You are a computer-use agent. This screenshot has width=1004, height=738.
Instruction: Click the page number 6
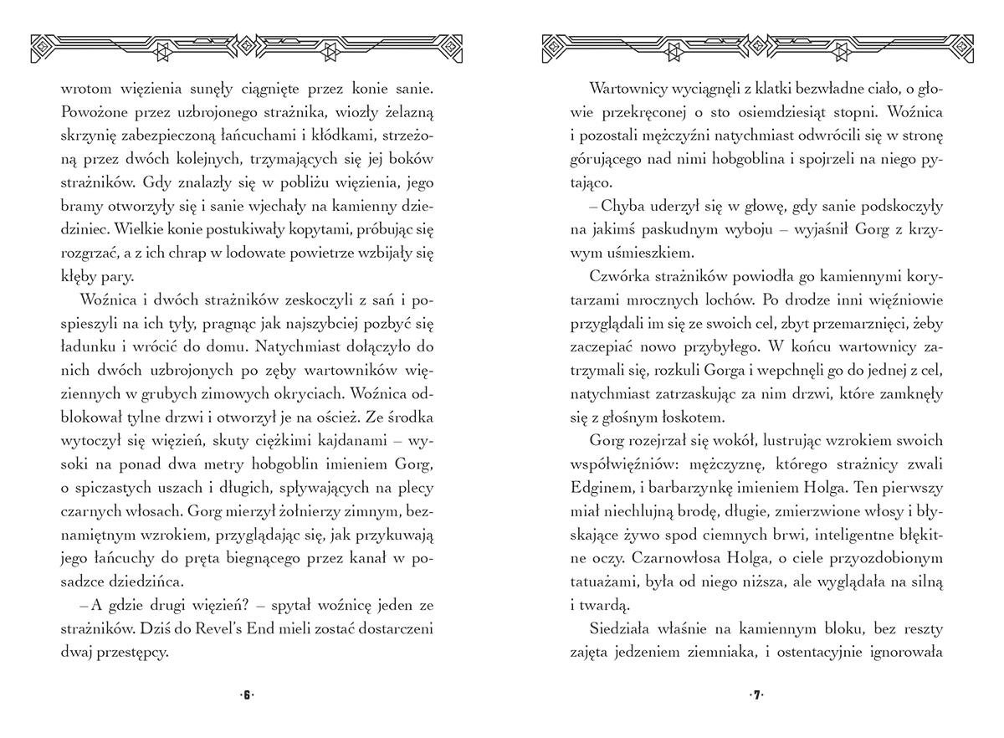pos(247,695)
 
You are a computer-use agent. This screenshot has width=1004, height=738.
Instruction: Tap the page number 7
pos(757,695)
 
